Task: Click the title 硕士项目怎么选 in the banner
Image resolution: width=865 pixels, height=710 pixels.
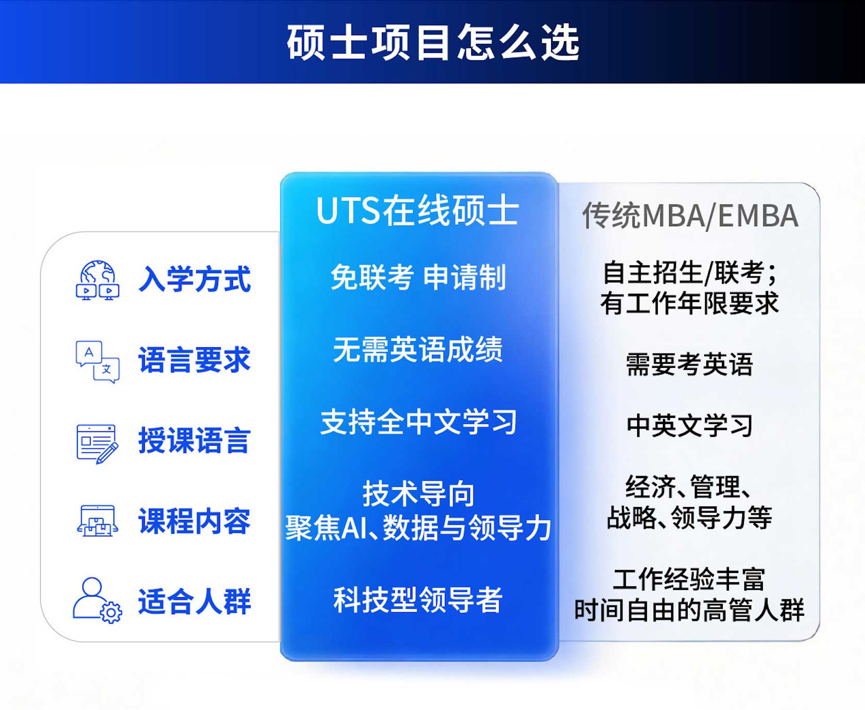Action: [x=433, y=42]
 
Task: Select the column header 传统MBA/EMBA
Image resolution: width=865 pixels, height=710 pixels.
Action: [x=690, y=215]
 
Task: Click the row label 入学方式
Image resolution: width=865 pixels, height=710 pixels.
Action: [x=194, y=279]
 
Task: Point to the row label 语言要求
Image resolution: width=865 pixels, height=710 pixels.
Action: [x=194, y=360]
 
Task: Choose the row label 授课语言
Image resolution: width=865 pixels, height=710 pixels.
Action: [x=194, y=441]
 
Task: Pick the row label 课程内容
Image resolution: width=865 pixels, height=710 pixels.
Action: [x=194, y=521]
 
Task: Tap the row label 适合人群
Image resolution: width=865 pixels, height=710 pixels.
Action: [x=194, y=601]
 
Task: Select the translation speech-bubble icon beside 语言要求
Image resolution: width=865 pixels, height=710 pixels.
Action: [x=97, y=361]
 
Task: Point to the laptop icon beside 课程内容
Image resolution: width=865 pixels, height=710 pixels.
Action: [x=97, y=521]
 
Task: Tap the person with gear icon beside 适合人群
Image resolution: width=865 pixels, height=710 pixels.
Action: [x=97, y=600]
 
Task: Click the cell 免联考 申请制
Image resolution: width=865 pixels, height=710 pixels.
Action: [x=418, y=277]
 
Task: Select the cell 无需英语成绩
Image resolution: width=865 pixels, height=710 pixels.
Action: [x=418, y=350]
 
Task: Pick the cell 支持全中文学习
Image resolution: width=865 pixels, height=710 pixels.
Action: [x=418, y=422]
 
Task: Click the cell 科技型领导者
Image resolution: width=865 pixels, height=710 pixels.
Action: [x=418, y=600]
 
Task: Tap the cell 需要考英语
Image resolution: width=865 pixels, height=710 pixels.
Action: [x=690, y=364]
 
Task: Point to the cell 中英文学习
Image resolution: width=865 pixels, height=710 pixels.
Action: [x=690, y=426]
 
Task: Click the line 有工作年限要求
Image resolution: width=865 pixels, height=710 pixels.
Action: [x=690, y=303]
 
